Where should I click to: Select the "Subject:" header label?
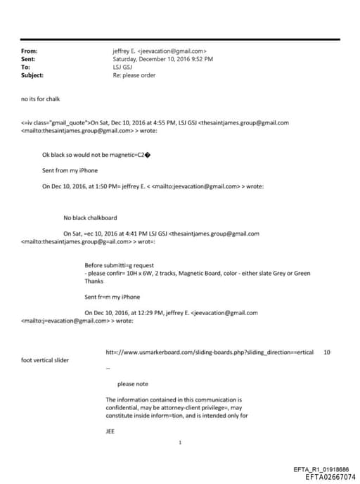(32, 75)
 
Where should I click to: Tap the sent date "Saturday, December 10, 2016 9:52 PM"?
(162, 59)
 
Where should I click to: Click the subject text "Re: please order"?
(134, 75)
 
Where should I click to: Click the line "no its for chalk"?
(41, 99)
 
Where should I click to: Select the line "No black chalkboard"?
(90, 217)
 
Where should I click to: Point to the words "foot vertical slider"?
(45, 360)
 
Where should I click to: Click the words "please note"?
(133, 384)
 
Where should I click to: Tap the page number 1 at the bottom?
(181, 442)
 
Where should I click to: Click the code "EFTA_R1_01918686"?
(320, 469)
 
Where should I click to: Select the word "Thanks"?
(94, 281)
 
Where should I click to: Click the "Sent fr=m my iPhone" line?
(112, 297)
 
